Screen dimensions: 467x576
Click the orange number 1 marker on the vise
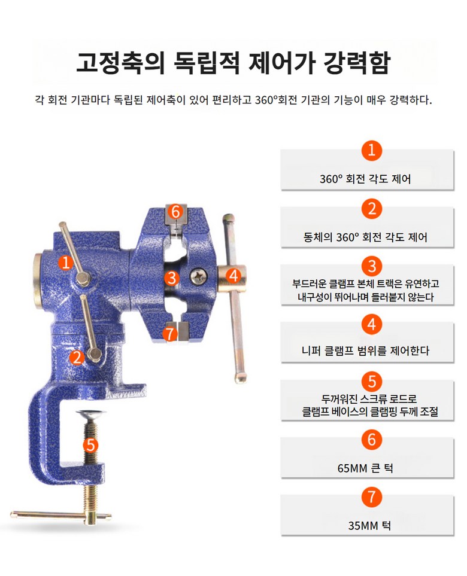(x=65, y=263)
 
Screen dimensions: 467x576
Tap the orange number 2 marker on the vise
(x=77, y=357)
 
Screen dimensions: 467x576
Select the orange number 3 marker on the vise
(x=171, y=278)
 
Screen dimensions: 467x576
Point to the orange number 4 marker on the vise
(x=233, y=275)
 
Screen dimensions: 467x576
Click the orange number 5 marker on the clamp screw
(x=90, y=445)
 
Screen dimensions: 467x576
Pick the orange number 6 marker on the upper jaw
(x=175, y=212)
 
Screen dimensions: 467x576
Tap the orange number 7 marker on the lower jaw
(x=169, y=334)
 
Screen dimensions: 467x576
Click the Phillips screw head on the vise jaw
(x=199, y=276)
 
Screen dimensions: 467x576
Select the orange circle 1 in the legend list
(x=371, y=150)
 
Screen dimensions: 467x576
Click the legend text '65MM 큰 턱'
(x=365, y=468)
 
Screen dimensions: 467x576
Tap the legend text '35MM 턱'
(x=369, y=525)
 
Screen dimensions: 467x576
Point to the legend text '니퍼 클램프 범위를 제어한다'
(x=365, y=351)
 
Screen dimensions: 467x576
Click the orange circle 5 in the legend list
(x=371, y=381)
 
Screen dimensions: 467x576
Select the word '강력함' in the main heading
(x=357, y=62)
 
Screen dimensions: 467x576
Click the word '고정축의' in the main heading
(x=120, y=62)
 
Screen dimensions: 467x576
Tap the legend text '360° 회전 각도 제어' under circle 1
(x=365, y=179)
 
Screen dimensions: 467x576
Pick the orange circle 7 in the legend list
(x=371, y=496)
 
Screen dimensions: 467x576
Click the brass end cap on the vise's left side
(x=38, y=281)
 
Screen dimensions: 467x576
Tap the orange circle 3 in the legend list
(x=371, y=266)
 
